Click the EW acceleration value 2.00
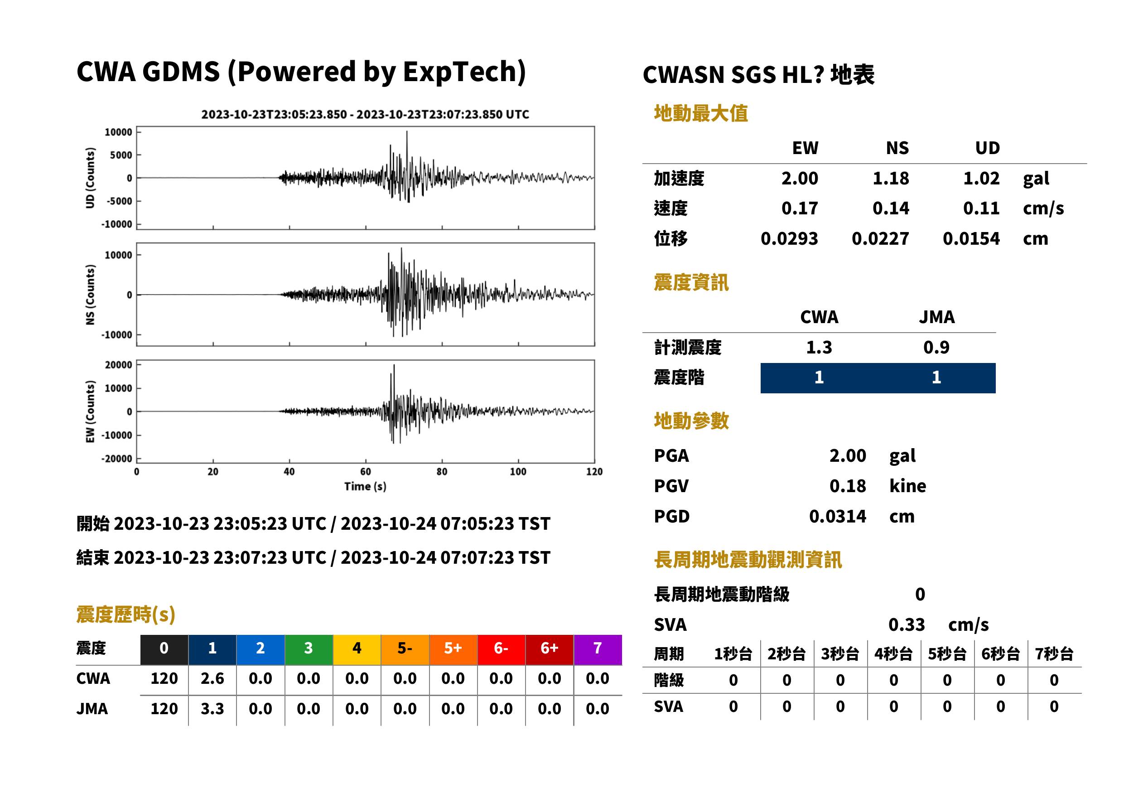(x=799, y=178)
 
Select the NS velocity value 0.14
(x=890, y=208)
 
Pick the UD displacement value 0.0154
(x=971, y=238)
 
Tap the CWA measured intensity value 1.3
(x=819, y=347)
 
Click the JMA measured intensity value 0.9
(x=936, y=347)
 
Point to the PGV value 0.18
(x=848, y=486)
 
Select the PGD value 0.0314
(x=837, y=516)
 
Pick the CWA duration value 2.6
(x=212, y=678)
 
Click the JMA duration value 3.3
(x=212, y=709)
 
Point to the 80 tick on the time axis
(x=442, y=472)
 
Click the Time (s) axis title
(x=365, y=487)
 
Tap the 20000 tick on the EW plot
(x=119, y=365)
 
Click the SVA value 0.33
(x=907, y=624)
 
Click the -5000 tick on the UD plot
(x=120, y=201)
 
